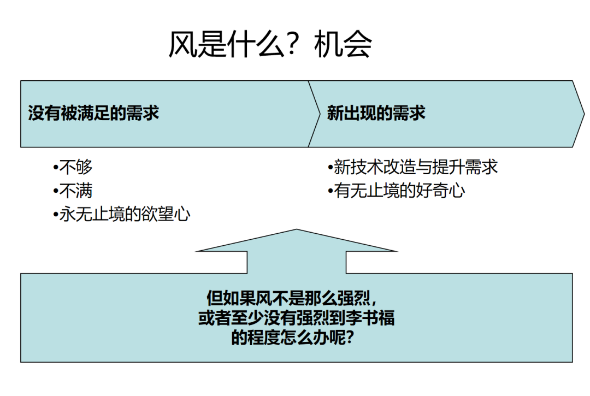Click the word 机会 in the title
pyautogui.click(x=343, y=44)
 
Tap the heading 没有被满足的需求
pyautogui.click(x=94, y=113)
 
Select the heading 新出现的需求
pyautogui.click(x=376, y=113)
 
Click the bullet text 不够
pyautogui.click(x=75, y=167)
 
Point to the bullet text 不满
pyautogui.click(x=75, y=191)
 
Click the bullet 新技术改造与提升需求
pyautogui.click(x=416, y=167)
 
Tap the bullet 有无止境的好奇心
pyautogui.click(x=399, y=191)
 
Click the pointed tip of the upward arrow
pyautogui.click(x=297, y=229)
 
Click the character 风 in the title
pyautogui.click(x=182, y=44)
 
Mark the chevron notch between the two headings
pyautogui.click(x=320, y=114)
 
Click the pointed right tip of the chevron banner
pyautogui.click(x=584, y=114)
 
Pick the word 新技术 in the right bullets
pyautogui.click(x=358, y=167)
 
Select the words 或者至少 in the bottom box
pyautogui.click(x=231, y=318)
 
